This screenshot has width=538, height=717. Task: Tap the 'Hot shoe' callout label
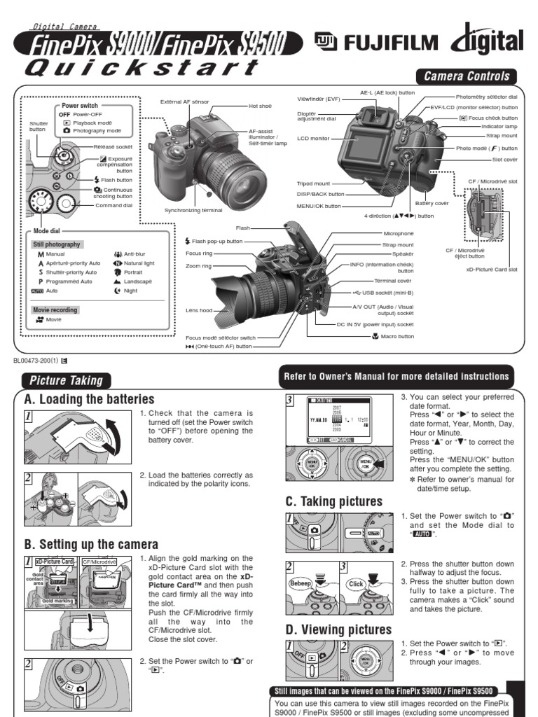click(259, 106)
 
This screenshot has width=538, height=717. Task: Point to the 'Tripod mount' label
click(312, 183)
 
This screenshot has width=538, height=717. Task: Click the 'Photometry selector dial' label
click(487, 97)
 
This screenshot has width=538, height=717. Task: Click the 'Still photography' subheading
click(57, 244)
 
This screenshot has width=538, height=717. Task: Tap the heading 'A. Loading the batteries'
click(89, 399)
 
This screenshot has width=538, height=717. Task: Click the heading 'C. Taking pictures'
click(333, 501)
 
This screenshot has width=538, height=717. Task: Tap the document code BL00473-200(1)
click(35, 361)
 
